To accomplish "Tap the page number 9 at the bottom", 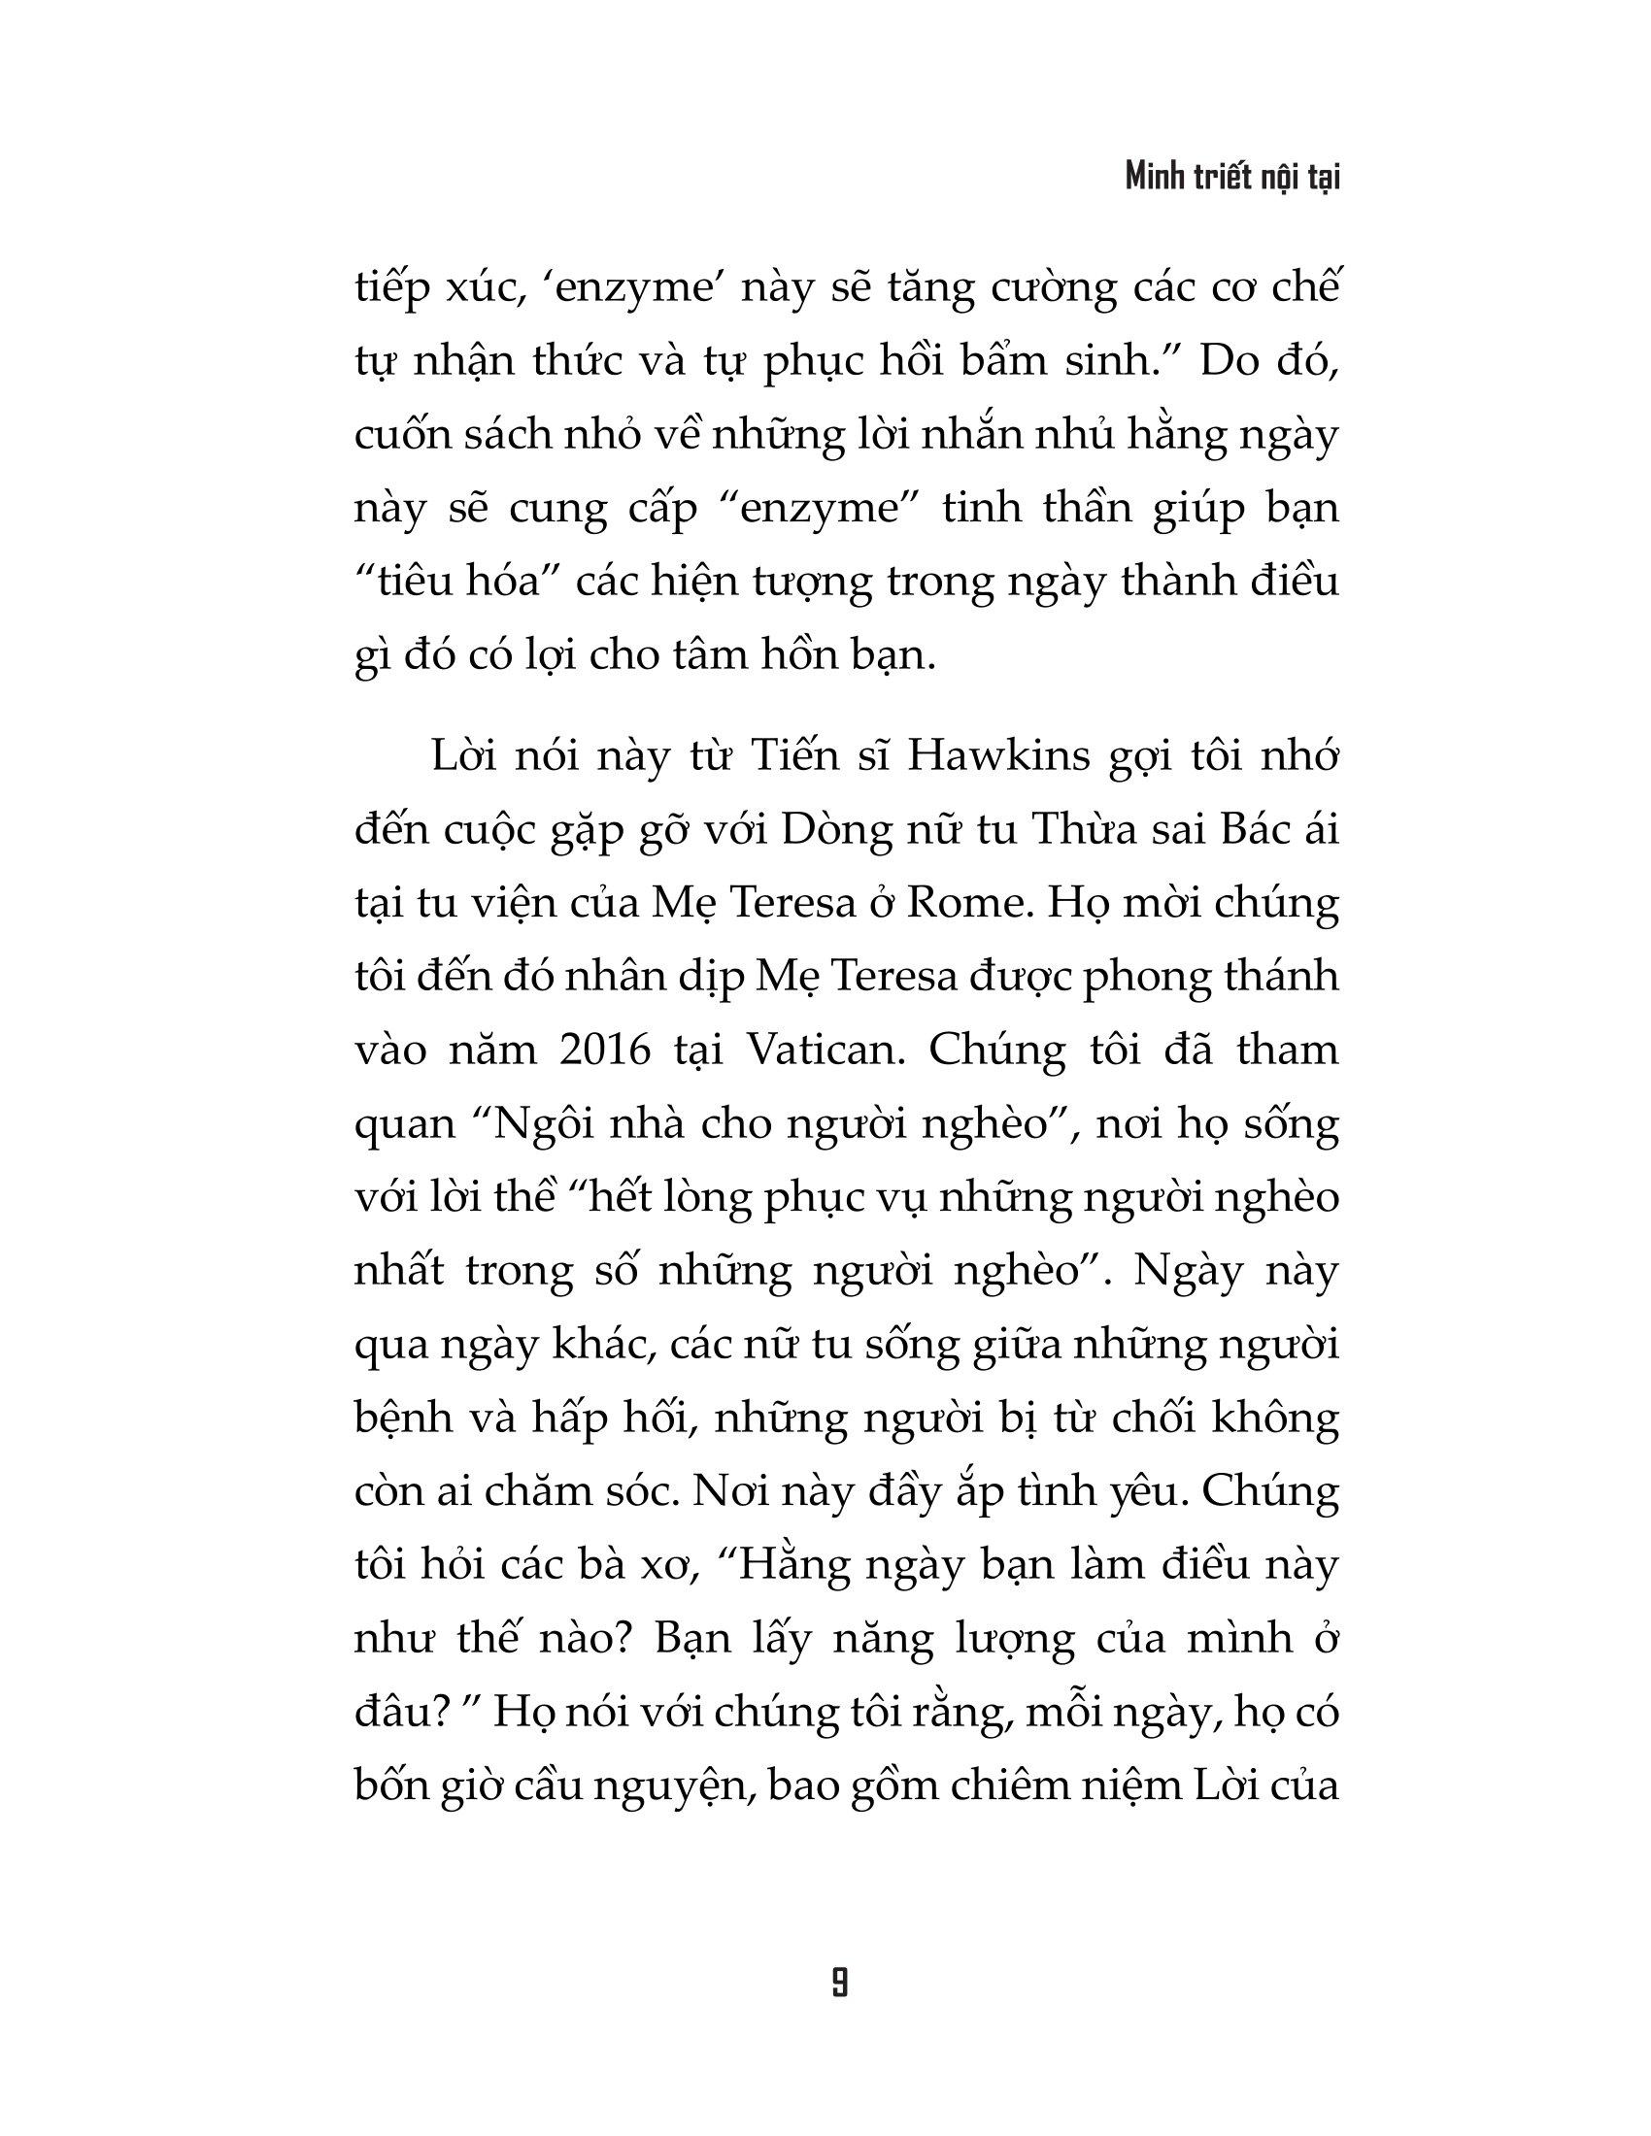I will pyautogui.click(x=839, y=1983).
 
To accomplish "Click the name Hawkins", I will pyautogui.click(x=997, y=758).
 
